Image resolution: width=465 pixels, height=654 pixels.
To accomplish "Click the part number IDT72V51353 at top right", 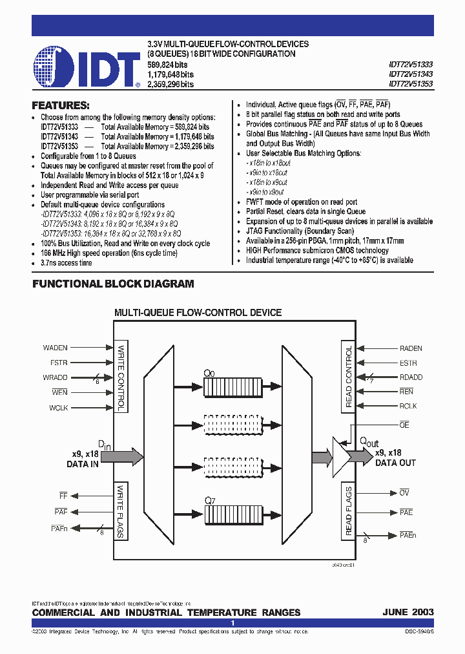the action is coord(411,84).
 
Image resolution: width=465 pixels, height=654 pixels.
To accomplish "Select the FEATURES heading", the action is coord(61,105).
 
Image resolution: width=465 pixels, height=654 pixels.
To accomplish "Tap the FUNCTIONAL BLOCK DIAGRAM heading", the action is coord(113,284).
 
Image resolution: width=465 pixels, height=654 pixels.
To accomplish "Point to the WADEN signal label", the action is coord(55,348).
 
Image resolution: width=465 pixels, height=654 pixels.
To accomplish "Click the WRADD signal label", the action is coord(56,377).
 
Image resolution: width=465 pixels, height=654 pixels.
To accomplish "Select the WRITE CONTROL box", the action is coord(120,377).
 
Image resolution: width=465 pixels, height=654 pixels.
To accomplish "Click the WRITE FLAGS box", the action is coord(120,511).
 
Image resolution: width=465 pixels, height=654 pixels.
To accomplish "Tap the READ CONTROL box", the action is coord(349,377).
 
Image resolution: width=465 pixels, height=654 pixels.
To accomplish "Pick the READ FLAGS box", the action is coord(349,511).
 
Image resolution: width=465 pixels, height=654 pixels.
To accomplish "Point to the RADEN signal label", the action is coord(411,348).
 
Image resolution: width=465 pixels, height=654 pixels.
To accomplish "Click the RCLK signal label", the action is coord(408,406).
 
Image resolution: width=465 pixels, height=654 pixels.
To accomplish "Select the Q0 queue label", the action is coord(209,374).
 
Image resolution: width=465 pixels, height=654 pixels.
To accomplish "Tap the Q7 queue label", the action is coord(209,500).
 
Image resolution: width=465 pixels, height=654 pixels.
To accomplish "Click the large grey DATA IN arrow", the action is coord(119,456).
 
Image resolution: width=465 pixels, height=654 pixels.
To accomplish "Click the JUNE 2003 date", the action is coord(408,612).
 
